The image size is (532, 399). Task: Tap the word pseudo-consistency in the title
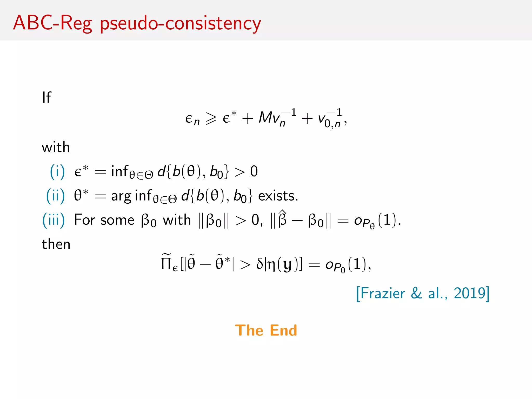[180, 24]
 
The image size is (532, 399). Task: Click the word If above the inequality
[46, 98]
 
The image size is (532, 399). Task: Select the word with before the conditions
[56, 147]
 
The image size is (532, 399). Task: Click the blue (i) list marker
[57, 172]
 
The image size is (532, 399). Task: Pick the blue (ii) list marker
[55, 196]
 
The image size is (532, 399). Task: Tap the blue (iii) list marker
[54, 220]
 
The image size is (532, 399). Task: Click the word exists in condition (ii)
[278, 196]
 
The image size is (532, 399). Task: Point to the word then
[56, 244]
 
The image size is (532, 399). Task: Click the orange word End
[283, 330]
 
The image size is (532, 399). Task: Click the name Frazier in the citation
[383, 294]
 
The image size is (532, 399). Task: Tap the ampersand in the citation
[416, 294]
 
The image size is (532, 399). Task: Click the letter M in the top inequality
[265, 117]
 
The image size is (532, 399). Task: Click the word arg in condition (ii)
[121, 196]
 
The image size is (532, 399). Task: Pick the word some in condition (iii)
[117, 220]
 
